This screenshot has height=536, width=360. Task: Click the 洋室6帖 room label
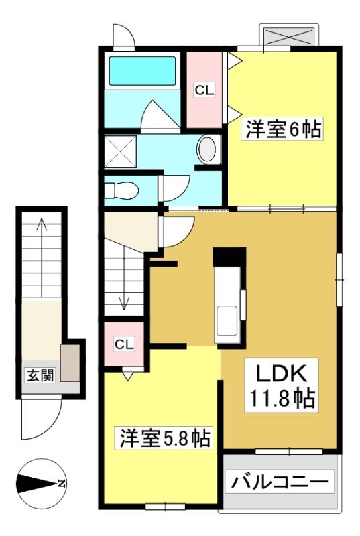pos(282,129)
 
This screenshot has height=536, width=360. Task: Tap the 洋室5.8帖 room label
pos(165,438)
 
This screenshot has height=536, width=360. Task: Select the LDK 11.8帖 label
pos(282,386)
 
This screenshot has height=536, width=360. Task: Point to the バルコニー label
pos(280,481)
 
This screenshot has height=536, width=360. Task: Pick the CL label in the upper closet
pos(204,90)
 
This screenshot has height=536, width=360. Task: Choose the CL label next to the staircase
pos(124,344)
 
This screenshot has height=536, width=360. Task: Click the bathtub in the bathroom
pos(142,71)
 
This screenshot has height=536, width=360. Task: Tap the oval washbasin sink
pos(207,149)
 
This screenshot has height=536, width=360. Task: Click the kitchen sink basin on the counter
pos(226,321)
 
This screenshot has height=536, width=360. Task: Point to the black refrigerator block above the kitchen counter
pos(229,257)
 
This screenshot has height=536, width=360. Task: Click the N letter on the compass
pos(61,484)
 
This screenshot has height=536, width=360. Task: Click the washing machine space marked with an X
pos(121,152)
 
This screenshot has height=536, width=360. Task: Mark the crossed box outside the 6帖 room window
pos(290,36)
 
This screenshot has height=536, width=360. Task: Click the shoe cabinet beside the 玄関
pos(70,362)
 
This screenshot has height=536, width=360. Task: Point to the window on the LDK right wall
pos(339,279)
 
